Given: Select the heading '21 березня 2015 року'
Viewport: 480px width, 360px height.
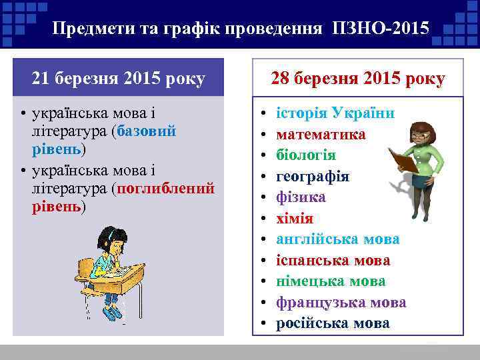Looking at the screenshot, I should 119,79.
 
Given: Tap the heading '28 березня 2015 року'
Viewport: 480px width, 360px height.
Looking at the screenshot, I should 358,79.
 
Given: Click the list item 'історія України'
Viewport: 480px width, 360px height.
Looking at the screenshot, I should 335,113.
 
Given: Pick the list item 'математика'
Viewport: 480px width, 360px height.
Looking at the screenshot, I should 321,134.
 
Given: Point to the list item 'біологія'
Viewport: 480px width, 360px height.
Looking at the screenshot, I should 306,155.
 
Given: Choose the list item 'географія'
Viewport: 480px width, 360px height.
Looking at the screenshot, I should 313,176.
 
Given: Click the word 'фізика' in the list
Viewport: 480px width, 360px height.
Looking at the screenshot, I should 301,197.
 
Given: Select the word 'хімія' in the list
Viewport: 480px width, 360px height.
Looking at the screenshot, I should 295,219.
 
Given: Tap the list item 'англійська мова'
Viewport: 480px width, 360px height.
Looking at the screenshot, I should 338,239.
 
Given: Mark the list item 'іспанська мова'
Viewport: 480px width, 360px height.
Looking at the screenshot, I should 333,261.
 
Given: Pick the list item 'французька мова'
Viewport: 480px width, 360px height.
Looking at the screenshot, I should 341,303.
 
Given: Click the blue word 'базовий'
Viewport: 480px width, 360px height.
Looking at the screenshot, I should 147,131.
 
